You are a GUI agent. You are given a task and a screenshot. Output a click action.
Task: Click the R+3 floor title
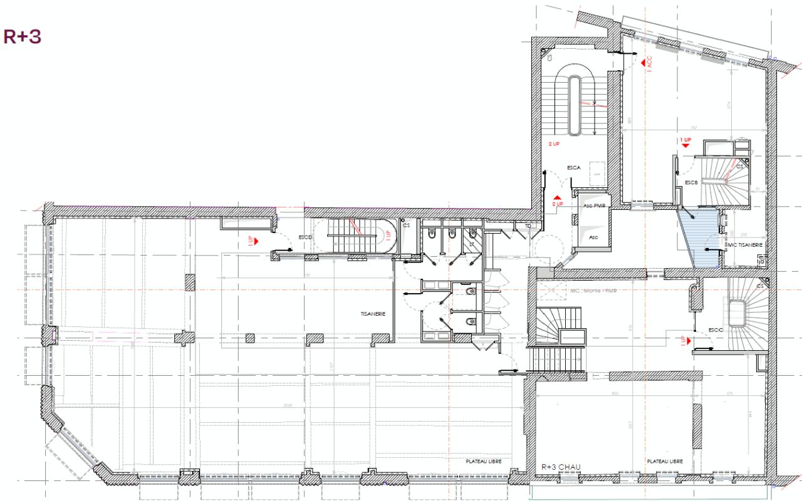[23, 36]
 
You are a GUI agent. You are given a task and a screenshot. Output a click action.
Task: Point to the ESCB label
[691, 182]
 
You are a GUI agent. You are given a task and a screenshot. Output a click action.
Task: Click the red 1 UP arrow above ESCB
[685, 145]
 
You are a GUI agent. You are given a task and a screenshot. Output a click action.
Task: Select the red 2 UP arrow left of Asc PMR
[557, 199]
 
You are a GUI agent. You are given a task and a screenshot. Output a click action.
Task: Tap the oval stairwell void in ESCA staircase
[575, 105]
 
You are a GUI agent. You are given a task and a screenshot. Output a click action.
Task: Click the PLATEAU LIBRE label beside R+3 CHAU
[665, 461]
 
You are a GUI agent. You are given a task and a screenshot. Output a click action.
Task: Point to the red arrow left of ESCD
[256, 239]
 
